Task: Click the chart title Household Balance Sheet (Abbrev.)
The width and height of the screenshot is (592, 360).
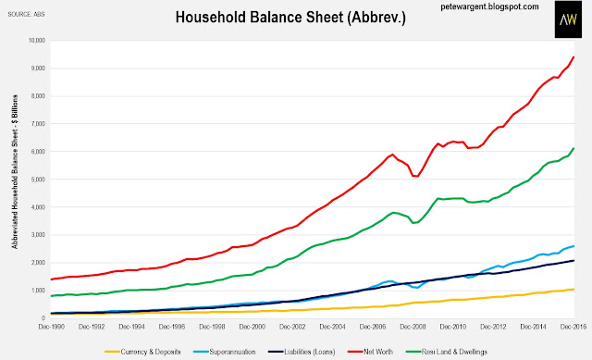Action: coord(290,18)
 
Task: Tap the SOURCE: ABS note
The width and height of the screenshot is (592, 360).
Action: coord(27,15)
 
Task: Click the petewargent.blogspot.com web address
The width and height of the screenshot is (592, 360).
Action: coord(489,6)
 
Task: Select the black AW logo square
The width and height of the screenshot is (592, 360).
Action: coord(568,19)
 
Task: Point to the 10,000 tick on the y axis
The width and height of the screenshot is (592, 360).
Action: coord(37,41)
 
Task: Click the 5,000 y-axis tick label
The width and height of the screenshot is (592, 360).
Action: coord(38,179)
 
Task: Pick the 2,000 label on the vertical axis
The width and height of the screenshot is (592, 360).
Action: coord(38,262)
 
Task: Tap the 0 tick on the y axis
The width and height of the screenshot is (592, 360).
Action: coord(43,317)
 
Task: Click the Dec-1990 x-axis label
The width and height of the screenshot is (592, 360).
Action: coord(52,327)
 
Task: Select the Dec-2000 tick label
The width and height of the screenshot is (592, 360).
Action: coord(253,327)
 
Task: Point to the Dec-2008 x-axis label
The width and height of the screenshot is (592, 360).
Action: coord(413,327)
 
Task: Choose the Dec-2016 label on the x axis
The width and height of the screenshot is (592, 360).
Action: coord(573,327)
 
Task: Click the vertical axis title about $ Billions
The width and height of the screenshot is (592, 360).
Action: coord(15,171)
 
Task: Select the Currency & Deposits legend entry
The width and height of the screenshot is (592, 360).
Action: coord(142,352)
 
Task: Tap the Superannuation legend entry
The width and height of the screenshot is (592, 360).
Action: coord(224,352)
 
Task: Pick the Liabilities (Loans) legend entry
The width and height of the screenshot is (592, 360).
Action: coord(302,352)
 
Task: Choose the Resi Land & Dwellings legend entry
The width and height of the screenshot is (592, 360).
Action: coord(446,352)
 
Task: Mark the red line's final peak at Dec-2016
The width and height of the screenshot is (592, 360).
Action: coord(573,57)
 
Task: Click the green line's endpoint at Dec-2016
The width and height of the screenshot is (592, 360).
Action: coord(573,148)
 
